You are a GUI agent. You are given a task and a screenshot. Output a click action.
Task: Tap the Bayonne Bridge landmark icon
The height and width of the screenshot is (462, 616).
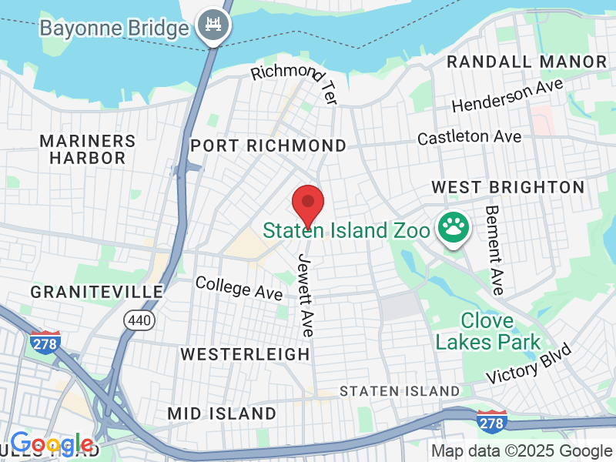(209, 28)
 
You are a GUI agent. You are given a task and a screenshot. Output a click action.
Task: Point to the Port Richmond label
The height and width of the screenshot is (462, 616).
(268, 146)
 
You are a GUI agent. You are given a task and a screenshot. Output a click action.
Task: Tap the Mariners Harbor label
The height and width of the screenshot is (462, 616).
(87, 149)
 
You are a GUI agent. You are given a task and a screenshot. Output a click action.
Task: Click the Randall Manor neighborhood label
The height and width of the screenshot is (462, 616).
(527, 62)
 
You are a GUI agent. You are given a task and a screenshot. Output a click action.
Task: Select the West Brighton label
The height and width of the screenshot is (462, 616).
(507, 187)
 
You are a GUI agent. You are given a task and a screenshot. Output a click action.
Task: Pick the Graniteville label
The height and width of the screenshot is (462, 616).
(97, 292)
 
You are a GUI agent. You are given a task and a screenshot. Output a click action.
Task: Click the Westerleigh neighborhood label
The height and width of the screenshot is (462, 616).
(245, 353)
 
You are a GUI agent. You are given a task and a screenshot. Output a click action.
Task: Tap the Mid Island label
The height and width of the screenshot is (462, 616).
(222, 413)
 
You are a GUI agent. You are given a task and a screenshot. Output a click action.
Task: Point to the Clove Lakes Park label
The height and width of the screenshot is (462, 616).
(488, 330)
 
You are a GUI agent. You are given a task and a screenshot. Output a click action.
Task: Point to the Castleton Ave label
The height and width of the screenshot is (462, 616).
(469, 137)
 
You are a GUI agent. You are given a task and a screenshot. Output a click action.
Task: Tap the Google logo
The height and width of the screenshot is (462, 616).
(52, 444)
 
